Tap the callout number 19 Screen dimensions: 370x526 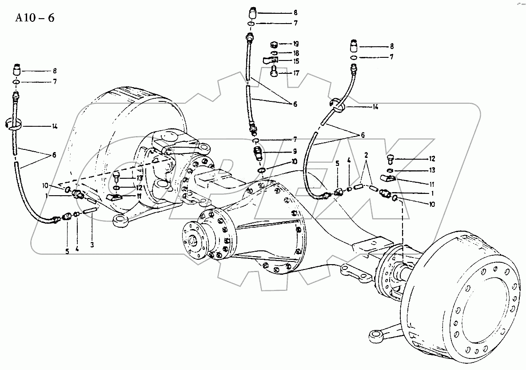[295, 44]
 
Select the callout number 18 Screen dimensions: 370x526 [295, 52]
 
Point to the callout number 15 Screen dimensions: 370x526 [295, 61]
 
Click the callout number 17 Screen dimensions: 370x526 [295, 73]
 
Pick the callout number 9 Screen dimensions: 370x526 [294, 151]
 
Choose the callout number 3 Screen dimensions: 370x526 [92, 244]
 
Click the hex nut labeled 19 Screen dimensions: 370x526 [274, 44]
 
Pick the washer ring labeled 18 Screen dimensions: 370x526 [275, 53]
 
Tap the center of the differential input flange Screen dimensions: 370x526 [194, 241]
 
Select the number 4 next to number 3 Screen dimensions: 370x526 [77, 249]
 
